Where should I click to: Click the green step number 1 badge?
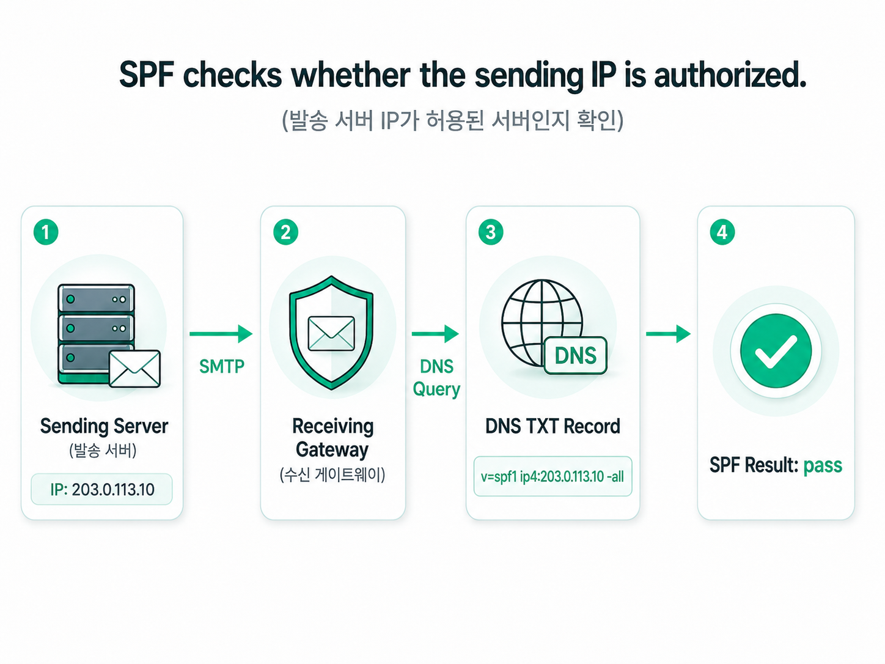tap(46, 232)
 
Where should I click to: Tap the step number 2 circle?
tap(285, 232)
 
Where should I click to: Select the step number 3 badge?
tap(491, 232)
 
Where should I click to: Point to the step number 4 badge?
tap(722, 232)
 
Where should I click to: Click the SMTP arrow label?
tap(222, 366)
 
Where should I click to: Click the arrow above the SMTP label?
tap(221, 334)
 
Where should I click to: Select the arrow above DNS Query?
tap(435, 334)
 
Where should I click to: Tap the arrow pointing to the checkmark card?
tap(669, 334)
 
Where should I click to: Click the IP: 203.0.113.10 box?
tap(101, 489)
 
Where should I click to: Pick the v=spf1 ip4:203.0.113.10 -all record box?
tap(553, 476)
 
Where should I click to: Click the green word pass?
tap(823, 466)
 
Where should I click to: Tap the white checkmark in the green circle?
tap(776, 352)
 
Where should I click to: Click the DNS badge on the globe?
tap(575, 356)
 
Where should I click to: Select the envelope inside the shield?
tap(331, 333)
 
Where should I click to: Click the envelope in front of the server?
tap(134, 369)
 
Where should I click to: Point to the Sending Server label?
tap(104, 427)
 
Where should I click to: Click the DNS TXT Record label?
tap(553, 427)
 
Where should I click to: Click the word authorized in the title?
tap(730, 75)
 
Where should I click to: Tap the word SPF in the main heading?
tap(147, 75)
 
